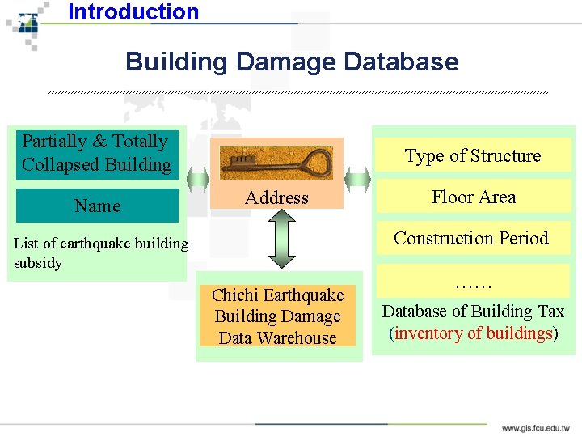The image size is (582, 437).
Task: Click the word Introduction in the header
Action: [133, 12]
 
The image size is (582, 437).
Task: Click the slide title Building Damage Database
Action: [291, 62]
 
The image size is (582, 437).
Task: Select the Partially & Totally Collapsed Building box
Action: [97, 153]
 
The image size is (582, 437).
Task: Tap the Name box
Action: [97, 206]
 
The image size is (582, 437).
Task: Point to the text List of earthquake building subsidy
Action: [100, 252]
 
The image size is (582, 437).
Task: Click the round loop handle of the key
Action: [318, 162]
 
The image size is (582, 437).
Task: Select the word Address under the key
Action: [276, 197]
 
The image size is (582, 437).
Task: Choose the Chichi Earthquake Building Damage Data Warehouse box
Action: [277, 316]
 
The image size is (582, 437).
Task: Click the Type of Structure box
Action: [473, 155]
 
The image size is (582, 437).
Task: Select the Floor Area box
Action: [473, 197]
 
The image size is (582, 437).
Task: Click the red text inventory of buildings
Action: [473, 333]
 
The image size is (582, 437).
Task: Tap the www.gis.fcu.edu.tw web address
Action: [535, 427]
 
